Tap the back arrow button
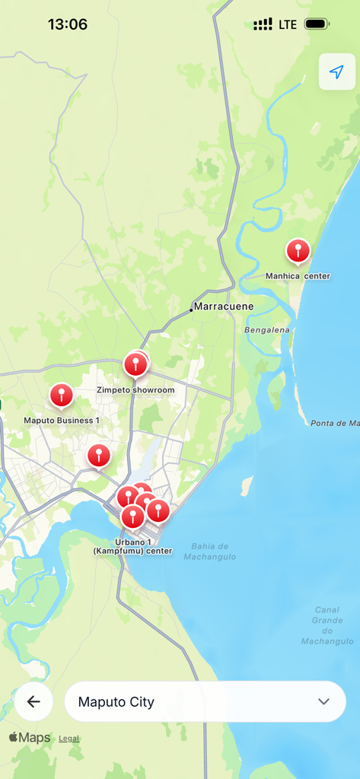33,701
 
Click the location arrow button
336,72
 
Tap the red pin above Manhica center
298,250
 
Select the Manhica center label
298,275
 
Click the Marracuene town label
223,307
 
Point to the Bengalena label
267,329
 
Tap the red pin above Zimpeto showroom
135,364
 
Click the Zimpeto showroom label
135,390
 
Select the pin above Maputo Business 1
62,394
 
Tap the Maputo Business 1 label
62,420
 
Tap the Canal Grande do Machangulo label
327,625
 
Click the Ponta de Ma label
334,423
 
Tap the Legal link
68,739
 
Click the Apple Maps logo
30,738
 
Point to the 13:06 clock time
67,24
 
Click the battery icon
317,24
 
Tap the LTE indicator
288,24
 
